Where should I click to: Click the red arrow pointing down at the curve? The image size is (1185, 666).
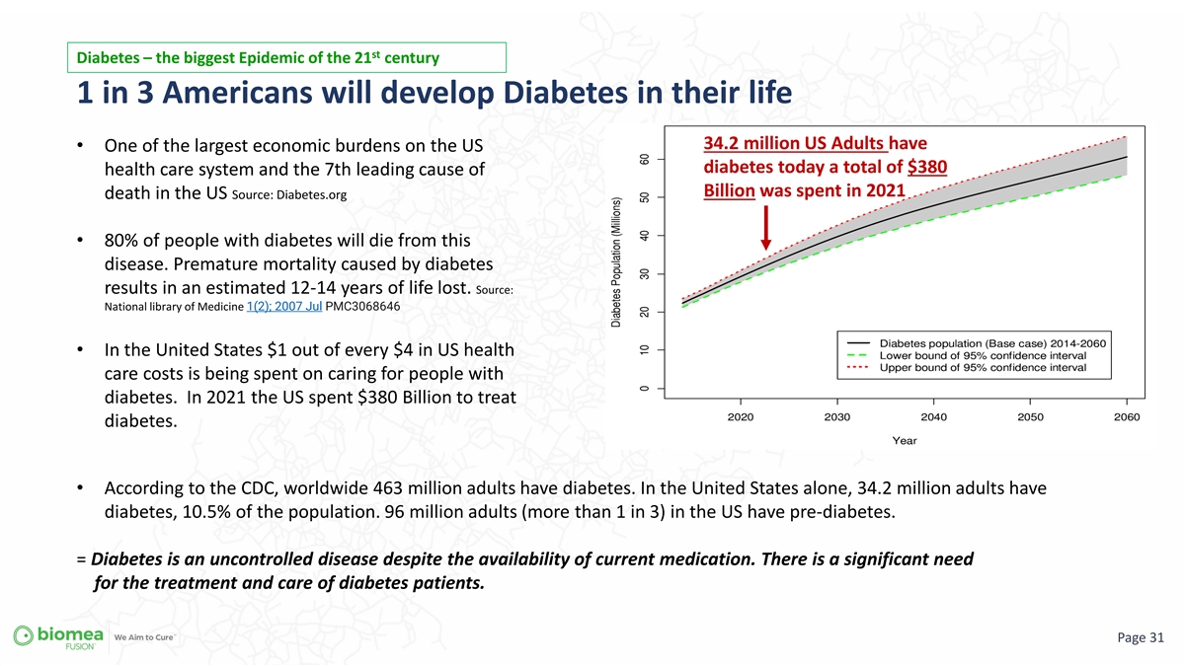765,228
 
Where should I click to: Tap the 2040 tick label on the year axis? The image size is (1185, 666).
934,417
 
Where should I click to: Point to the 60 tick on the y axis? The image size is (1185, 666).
644,159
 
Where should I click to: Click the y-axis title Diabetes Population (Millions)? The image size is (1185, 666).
616,262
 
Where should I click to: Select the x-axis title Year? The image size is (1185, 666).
905,440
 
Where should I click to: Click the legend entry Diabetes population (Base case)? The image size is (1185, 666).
977,343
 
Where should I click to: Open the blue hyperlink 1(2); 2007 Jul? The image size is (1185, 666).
284,307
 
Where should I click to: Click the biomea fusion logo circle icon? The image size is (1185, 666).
24,635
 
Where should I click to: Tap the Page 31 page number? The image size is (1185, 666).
1141,637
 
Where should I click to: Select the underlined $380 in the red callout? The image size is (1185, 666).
927,167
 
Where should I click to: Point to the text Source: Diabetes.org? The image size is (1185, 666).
289,195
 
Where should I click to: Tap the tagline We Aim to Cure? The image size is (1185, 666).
144,637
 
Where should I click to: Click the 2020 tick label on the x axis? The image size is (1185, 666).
741,417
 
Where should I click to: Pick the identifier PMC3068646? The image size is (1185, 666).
362,307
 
